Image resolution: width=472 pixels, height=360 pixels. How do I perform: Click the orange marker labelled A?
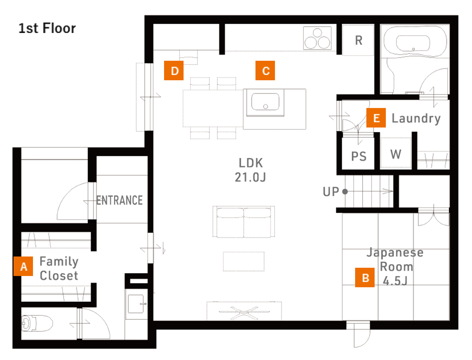coord(23,266)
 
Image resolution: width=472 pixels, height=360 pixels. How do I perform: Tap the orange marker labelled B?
coord(365,277)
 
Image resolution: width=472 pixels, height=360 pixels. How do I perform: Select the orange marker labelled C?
coord(265,70)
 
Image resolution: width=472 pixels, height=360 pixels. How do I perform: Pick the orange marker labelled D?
coord(174,70)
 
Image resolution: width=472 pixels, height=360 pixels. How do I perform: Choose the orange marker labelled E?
coord(376,118)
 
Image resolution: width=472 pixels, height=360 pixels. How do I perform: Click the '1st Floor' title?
coord(47,28)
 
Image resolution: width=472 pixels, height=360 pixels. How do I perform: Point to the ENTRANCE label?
coord(119,200)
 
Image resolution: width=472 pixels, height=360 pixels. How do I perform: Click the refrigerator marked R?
coord(358,40)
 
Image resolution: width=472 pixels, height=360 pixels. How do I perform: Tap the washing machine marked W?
coord(396,153)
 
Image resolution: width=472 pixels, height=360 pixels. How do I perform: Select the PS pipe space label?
coord(358,156)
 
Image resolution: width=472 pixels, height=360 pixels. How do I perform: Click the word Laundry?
coord(416,118)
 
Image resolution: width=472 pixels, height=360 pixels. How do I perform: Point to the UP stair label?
coord(331,192)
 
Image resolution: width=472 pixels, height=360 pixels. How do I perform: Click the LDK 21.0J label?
coord(251,170)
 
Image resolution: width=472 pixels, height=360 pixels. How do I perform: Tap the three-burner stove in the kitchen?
coord(317,38)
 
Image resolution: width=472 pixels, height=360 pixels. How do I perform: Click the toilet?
coord(37,323)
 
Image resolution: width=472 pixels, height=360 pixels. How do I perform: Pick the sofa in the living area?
coord(243,222)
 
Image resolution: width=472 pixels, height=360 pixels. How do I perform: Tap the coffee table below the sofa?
coord(243,261)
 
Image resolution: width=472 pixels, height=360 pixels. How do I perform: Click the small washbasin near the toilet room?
coord(136,304)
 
